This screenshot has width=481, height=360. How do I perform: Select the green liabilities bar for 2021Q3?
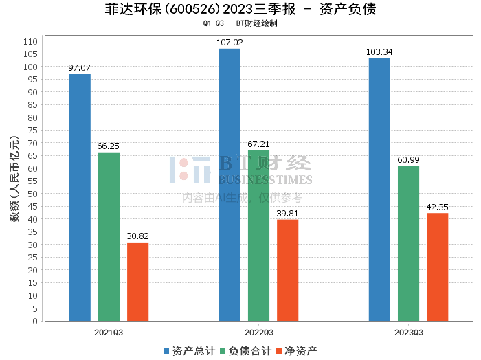coord(109,236)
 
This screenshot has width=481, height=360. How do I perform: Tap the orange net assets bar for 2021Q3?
coord(137,282)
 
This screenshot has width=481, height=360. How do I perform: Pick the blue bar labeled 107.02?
coord(230,185)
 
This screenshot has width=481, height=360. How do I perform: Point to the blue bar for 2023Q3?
coord(379,189)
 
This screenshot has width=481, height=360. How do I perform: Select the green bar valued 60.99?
coord(408,243)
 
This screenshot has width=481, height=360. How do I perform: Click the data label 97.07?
coord(80,68)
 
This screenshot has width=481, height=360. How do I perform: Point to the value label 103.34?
coord(379,52)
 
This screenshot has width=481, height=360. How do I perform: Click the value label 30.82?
coord(137,236)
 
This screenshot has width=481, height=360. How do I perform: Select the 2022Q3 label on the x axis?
coord(258,332)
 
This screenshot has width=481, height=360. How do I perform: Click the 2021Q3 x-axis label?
coord(109,332)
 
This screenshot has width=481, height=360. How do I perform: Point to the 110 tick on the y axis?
coord(30,42)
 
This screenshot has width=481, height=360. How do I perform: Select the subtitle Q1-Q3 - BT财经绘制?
coord(240,23)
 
